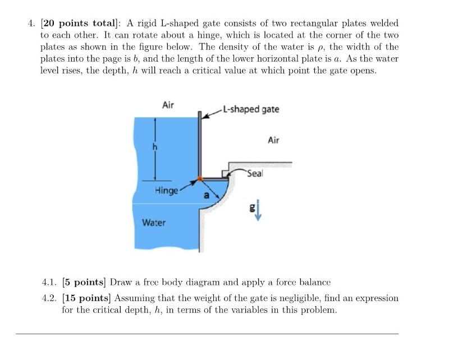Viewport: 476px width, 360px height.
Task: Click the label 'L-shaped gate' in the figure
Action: [250, 109]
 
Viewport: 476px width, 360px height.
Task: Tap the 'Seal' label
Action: [254, 174]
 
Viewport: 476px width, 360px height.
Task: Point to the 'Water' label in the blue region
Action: [153, 223]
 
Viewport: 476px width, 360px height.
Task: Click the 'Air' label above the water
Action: [168, 105]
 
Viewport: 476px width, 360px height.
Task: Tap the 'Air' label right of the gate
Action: [273, 140]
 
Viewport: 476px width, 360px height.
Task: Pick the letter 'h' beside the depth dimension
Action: [149, 147]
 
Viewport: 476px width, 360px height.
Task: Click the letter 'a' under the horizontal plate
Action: [206, 196]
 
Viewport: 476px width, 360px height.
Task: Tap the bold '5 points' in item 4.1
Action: [84, 282]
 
